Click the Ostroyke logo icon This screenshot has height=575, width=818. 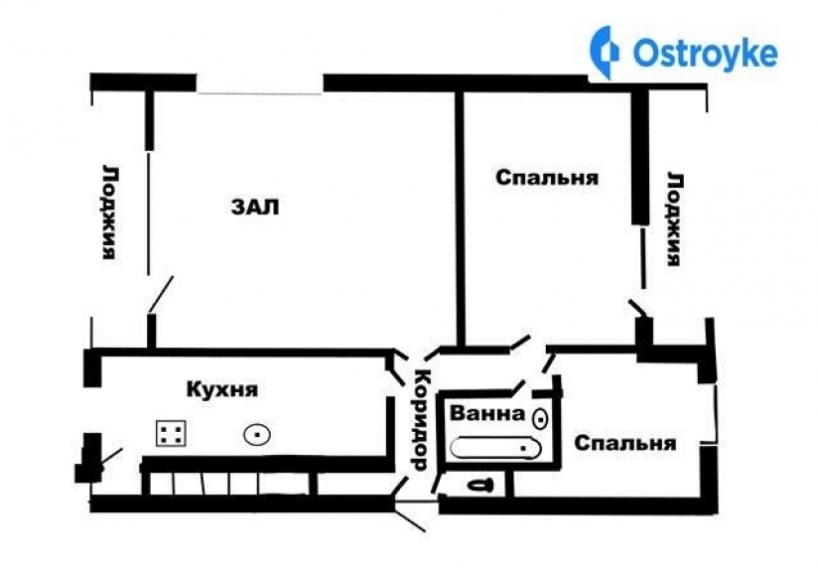pyautogui.click(x=605, y=53)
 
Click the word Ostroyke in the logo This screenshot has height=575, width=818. pyautogui.click(x=704, y=54)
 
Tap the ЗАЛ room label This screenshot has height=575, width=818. pyautogui.click(x=256, y=208)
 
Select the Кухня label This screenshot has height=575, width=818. pyautogui.click(x=222, y=388)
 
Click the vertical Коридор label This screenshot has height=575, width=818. pyautogui.click(x=419, y=419)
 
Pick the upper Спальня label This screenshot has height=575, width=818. pyautogui.click(x=547, y=178)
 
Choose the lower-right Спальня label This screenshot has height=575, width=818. pyautogui.click(x=625, y=443)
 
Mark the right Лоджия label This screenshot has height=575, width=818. pyautogui.click(x=674, y=218)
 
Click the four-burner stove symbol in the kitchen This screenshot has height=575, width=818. pyautogui.click(x=171, y=432)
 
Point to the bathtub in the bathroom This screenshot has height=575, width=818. pyautogui.click(x=496, y=448)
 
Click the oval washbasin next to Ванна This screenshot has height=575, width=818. pyautogui.click(x=541, y=417)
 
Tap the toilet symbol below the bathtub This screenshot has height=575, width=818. pyautogui.click(x=478, y=486)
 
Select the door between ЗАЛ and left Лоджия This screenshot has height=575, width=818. pyautogui.click(x=160, y=295)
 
